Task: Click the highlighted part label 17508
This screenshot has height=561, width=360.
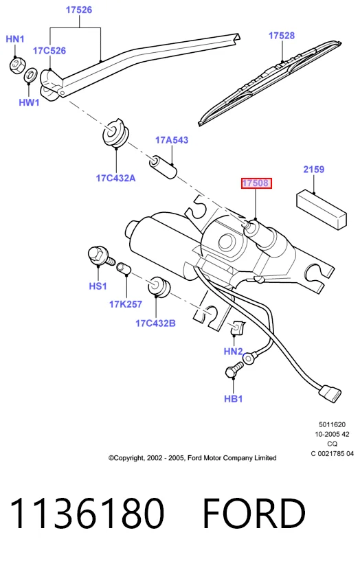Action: (256, 183)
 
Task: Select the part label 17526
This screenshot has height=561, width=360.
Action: (79, 10)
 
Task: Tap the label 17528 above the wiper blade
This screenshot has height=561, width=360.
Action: (282, 36)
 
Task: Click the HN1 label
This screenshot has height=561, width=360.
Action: (15, 39)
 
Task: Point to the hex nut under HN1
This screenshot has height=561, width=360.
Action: (16, 65)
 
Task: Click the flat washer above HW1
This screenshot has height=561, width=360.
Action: (30, 75)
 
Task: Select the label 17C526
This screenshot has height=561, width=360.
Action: (49, 51)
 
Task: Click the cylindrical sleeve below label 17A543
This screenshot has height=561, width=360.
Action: (163, 167)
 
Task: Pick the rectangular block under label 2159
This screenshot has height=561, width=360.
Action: (322, 209)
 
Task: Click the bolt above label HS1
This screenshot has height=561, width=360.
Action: (100, 256)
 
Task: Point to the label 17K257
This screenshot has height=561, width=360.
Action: (126, 304)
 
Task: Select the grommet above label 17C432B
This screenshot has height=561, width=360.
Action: (159, 286)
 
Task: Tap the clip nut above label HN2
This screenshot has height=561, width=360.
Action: (237, 328)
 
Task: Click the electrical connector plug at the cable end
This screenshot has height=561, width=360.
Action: (330, 393)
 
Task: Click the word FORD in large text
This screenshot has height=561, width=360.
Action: (254, 514)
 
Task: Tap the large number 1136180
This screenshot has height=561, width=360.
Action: (87, 514)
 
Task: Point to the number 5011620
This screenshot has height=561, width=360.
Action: (332, 424)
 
